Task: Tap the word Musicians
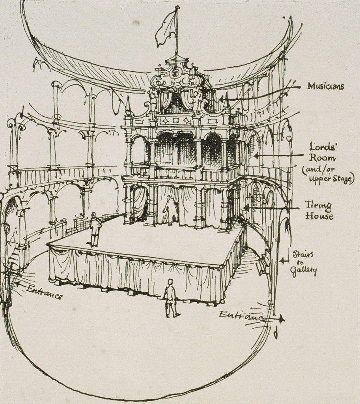(325, 86)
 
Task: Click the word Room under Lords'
(322, 159)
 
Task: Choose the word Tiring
(318, 205)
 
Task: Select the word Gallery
(303, 271)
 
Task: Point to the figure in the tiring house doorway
(170, 210)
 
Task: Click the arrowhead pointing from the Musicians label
(221, 98)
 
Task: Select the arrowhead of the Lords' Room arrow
(256, 156)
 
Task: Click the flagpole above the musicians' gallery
(177, 32)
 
